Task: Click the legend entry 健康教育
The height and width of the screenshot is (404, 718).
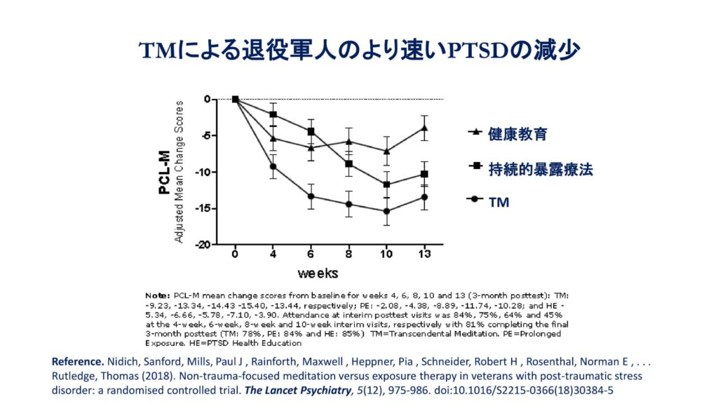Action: tap(518, 133)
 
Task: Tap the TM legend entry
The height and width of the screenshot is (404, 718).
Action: tap(499, 202)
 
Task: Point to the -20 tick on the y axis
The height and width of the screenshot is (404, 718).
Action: tap(201, 245)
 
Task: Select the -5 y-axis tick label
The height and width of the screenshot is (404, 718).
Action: tap(204, 136)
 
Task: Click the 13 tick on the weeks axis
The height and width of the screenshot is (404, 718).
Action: tap(424, 254)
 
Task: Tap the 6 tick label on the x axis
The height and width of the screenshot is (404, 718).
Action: tap(311, 254)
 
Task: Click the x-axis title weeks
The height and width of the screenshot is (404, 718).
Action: tap(318, 271)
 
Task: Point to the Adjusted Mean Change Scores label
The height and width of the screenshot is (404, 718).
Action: tap(179, 172)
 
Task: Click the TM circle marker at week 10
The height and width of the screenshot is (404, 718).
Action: tap(386, 211)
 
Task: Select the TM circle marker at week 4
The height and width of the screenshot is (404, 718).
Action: tap(273, 166)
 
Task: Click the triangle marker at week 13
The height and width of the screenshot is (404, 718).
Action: tap(424, 128)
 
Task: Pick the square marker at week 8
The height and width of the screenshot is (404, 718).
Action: tap(348, 164)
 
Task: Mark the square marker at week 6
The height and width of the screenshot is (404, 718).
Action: tap(311, 131)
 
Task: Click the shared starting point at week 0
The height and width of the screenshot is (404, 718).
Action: tap(236, 100)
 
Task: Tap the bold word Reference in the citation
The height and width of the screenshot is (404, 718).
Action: tap(77, 361)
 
